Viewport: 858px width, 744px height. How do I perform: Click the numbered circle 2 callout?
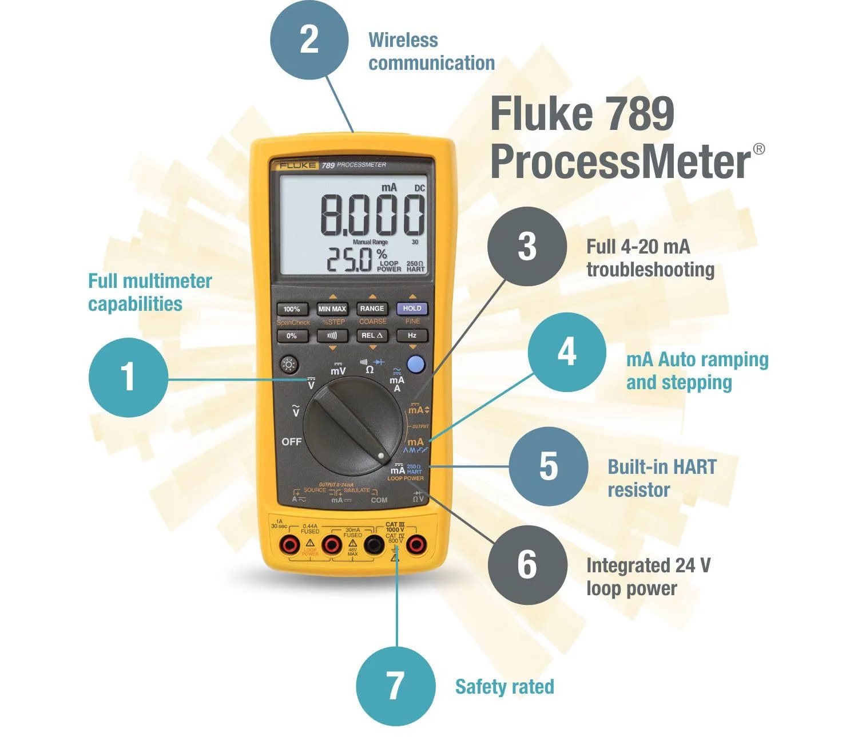309,39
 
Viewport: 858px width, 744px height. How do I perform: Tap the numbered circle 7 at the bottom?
395,686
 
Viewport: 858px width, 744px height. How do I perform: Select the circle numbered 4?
566,352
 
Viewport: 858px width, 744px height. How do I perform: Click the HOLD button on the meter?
412,308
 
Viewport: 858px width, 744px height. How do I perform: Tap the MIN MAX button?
332,309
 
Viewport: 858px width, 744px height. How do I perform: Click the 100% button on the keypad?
292,309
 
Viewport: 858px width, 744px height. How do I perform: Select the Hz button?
412,335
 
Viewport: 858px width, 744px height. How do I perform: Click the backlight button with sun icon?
289,365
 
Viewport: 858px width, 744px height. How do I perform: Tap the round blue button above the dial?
416,364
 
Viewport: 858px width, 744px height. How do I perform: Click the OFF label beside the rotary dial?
291,442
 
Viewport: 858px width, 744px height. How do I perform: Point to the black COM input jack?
374,545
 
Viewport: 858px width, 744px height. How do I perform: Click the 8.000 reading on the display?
372,215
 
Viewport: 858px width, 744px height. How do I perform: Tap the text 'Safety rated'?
505,687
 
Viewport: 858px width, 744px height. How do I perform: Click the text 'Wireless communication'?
431,52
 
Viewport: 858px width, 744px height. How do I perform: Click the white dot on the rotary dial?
381,456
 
